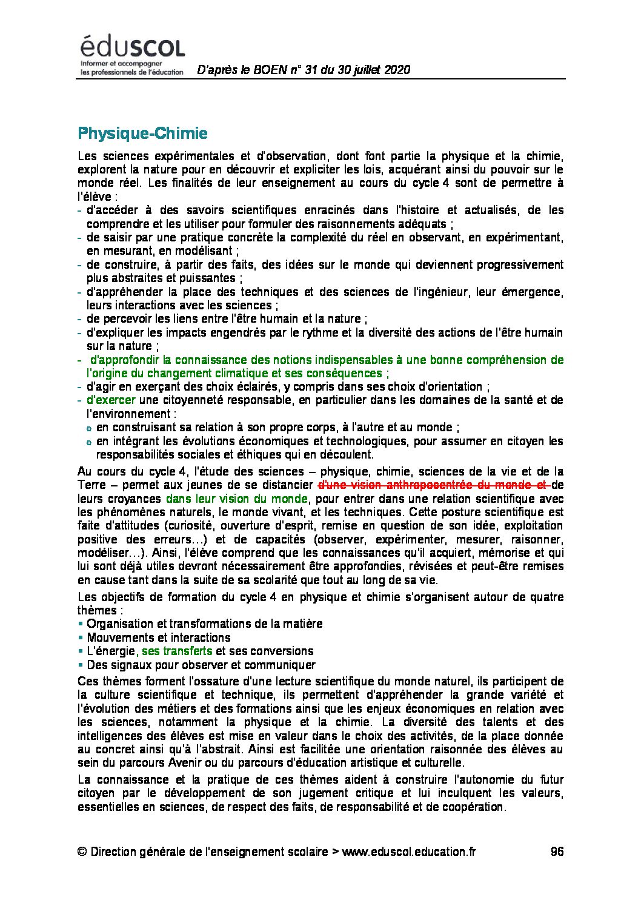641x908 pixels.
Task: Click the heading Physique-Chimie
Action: tap(142, 133)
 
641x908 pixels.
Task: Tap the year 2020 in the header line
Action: tap(397, 70)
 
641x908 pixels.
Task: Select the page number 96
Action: tap(557, 852)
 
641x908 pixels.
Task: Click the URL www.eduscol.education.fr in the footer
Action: tap(409, 852)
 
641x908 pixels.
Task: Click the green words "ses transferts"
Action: tap(177, 651)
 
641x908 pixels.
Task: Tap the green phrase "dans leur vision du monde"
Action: tap(237, 499)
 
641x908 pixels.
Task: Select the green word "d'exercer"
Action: tap(111, 400)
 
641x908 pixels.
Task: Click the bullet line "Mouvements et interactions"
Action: tap(159, 637)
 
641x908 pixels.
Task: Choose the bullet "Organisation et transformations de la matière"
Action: tap(204, 624)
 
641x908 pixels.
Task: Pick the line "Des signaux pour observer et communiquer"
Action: tap(201, 665)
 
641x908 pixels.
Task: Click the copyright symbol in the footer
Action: tap(82, 852)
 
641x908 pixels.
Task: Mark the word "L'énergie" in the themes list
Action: tap(111, 651)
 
